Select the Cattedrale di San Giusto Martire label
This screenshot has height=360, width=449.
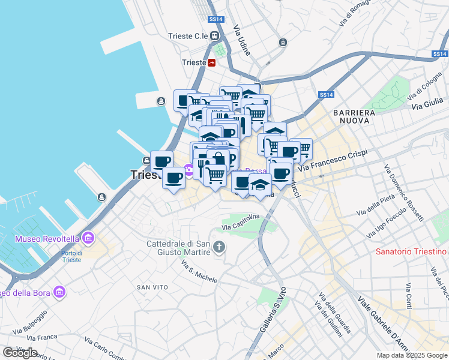(178, 248)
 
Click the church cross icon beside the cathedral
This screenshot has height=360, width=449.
(220, 247)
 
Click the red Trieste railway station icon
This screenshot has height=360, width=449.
(212, 62)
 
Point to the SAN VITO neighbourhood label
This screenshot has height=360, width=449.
(151, 287)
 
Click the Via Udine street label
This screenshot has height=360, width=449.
(241, 40)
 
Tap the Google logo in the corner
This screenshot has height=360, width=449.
(20, 352)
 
